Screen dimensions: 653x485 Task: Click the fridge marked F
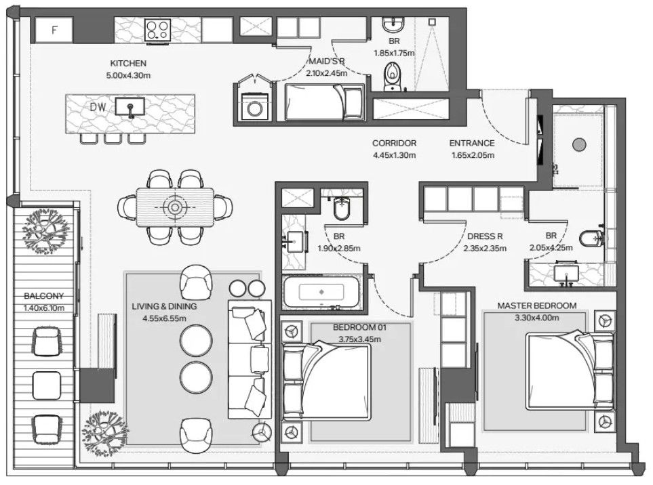(54, 30)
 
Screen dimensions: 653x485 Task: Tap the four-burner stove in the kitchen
(157, 30)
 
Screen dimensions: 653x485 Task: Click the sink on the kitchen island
(130, 106)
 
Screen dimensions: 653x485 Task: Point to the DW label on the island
(98, 107)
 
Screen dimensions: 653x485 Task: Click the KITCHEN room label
(128, 63)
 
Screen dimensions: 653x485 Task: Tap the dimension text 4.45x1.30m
(394, 155)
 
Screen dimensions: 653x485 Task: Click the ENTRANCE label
(472, 143)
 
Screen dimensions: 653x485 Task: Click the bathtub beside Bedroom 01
(321, 292)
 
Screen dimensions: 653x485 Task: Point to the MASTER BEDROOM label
(537, 305)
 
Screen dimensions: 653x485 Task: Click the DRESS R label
(485, 236)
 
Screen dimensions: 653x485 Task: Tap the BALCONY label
(43, 296)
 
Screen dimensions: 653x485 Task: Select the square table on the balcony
(47, 385)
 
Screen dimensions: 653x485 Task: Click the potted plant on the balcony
(46, 231)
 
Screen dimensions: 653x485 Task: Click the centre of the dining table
(174, 207)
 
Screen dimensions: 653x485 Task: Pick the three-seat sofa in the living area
(249, 360)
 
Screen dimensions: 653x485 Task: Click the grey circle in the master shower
(579, 144)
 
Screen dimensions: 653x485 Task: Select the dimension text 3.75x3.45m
(360, 339)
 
